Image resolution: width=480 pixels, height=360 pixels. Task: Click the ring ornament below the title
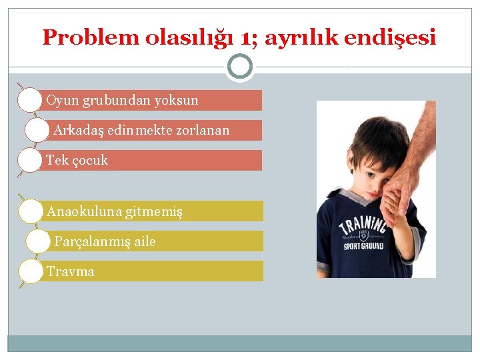tap(239, 67)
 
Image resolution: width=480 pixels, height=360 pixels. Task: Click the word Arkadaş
tap(75, 131)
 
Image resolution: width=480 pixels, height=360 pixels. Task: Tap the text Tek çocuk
tap(77, 161)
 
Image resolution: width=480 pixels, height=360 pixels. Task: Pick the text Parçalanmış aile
tap(105, 241)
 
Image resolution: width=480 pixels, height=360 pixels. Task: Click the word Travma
tap(70, 271)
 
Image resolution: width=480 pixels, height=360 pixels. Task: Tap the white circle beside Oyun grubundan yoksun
tap(30, 101)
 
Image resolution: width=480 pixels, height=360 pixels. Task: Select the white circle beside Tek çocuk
tap(30, 161)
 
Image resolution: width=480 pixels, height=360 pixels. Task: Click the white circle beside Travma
tap(30, 271)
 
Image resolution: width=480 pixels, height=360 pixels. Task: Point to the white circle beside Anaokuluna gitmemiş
tap(30, 212)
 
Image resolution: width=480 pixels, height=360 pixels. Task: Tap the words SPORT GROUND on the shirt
tap(363, 245)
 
